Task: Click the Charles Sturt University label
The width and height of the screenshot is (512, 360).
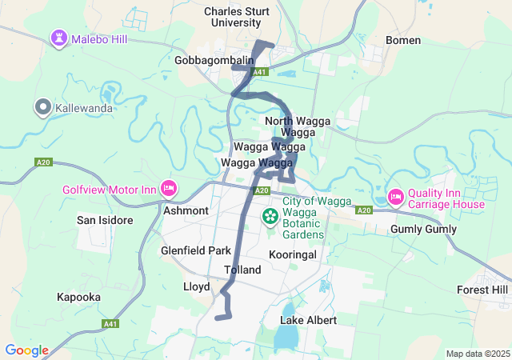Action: [x=236, y=17]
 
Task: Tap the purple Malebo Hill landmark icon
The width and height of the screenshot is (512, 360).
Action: [x=60, y=38]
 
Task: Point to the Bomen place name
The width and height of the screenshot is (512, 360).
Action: [x=403, y=40]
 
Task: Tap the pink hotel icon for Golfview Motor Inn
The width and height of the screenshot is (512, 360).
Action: [x=169, y=189]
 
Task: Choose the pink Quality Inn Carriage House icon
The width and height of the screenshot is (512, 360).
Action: [x=395, y=197]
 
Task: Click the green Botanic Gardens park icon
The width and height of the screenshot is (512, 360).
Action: [x=270, y=216]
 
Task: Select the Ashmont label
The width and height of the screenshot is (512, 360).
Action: [x=186, y=210]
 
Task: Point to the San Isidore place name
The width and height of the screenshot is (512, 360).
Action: [x=104, y=220]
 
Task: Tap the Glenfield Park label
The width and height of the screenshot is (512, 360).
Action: [x=196, y=250]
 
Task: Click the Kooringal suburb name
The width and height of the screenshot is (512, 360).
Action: [x=294, y=254]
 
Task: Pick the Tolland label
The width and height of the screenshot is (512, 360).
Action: [x=242, y=270]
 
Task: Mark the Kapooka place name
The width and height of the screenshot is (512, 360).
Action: [x=78, y=297]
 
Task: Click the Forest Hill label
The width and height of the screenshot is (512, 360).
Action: [x=482, y=290]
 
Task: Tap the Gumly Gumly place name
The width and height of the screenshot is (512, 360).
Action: [x=423, y=230]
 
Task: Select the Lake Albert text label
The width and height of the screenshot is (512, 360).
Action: [x=308, y=320]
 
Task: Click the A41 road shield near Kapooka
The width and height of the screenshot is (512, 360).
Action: [x=110, y=323]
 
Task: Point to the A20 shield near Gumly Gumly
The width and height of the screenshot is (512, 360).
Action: [x=364, y=210]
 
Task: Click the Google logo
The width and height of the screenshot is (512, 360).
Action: [x=26, y=350]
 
